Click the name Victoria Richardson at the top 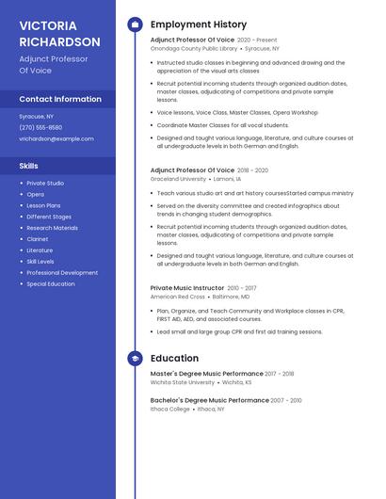[59, 33]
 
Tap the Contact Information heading [60, 99]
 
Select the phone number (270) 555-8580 [40, 127]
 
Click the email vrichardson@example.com [56, 138]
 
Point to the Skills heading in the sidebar [29, 166]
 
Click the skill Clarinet [38, 239]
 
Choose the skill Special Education [51, 283]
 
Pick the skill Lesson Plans [43, 205]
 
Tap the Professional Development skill [62, 272]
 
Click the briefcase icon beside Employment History [135, 24]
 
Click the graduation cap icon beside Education [135, 359]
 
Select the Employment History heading [199, 24]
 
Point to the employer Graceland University [178, 178]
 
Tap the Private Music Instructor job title [187, 288]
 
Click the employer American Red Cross [178, 297]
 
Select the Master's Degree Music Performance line [206, 374]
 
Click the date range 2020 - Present [257, 40]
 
